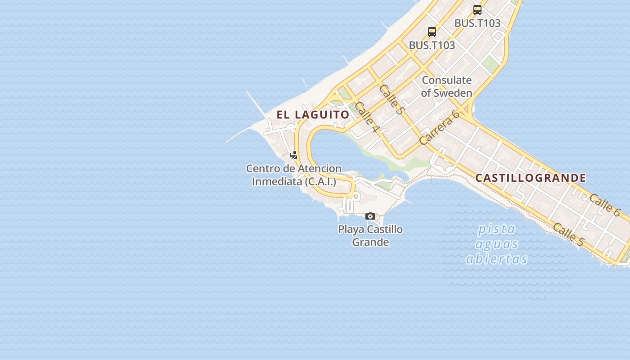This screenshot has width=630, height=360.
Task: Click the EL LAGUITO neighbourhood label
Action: (x=313, y=115)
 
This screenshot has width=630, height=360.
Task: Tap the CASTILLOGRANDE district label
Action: (x=531, y=178)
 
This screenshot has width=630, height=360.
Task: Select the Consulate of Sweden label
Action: (x=446, y=86)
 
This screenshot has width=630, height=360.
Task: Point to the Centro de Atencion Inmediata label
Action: (x=294, y=175)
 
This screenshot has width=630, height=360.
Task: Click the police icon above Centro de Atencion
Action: (x=294, y=155)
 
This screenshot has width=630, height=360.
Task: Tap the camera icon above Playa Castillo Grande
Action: (x=370, y=216)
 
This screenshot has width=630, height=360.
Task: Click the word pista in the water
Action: (x=496, y=229)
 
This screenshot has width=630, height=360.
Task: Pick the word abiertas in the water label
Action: (x=497, y=259)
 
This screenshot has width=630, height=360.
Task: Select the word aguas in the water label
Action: (x=497, y=244)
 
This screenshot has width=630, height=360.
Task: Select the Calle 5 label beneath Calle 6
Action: (x=568, y=235)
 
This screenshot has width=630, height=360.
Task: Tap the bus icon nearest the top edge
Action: (x=477, y=9)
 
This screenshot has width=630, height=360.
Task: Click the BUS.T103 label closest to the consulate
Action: (x=432, y=45)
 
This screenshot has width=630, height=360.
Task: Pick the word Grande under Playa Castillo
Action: (x=370, y=243)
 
